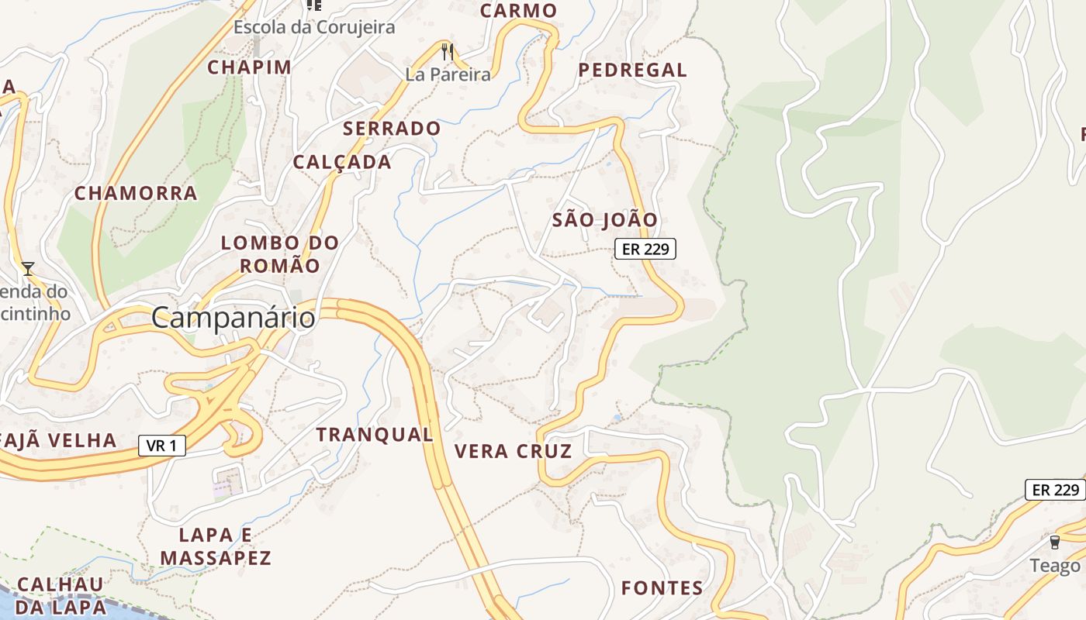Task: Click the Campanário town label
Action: (233, 318)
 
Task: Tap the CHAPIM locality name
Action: (249, 67)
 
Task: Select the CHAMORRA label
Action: (136, 193)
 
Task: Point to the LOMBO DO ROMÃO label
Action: (280, 254)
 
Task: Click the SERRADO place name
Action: (392, 129)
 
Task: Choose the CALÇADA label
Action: (342, 162)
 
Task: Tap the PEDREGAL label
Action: (633, 70)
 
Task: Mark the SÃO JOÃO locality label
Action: (605, 220)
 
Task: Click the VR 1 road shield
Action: (162, 446)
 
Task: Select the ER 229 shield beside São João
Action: (645, 249)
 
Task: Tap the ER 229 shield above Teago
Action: (1056, 490)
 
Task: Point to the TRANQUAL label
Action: (375, 435)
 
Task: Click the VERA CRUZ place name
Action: (513, 451)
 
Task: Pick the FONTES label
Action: (662, 588)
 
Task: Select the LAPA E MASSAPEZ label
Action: (216, 546)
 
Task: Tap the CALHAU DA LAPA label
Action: (61, 595)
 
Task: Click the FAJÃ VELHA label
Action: (59, 441)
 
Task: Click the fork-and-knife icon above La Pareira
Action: (447, 52)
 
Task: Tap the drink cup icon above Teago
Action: (1054, 542)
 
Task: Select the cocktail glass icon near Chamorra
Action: (28, 269)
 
